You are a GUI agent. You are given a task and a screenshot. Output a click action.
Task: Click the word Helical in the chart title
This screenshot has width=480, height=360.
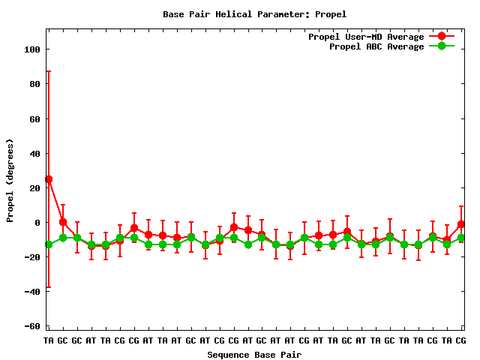pos(226,14)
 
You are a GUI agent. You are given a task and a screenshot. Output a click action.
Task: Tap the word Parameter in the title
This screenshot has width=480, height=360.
pos(272,14)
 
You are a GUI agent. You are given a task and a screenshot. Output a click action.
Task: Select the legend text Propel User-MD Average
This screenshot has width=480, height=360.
pos(366,37)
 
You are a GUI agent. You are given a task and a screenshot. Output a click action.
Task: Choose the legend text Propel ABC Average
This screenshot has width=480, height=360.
pos(376,46)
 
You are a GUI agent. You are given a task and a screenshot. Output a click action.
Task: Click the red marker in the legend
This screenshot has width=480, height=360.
pos(442,37)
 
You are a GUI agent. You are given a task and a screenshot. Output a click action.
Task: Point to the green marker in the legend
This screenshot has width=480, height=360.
pos(442,46)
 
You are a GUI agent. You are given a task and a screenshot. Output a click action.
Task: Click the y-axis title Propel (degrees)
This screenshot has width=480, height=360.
pos(10,180)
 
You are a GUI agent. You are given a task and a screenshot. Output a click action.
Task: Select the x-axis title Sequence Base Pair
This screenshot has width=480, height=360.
pos(254,355)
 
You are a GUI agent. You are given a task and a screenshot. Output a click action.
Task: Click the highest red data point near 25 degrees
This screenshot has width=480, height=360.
pos(49,179)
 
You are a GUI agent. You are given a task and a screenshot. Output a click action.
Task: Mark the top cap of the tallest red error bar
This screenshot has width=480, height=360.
pos(49,71)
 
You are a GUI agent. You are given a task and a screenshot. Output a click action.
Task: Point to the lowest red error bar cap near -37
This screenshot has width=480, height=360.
pos(49,287)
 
